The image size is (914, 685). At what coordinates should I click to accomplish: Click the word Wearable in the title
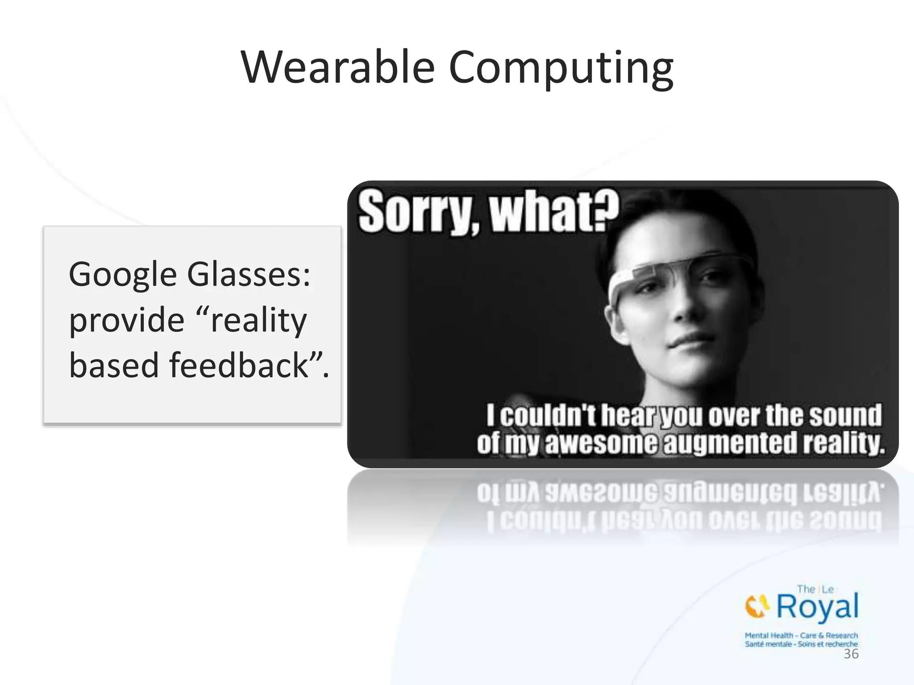tap(338, 68)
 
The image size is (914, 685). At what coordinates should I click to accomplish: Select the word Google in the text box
tap(123, 276)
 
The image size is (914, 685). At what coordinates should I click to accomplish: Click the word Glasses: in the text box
tap(249, 275)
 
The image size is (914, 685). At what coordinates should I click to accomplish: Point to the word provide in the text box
tap(127, 321)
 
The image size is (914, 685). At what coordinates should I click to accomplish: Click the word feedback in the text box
tap(239, 365)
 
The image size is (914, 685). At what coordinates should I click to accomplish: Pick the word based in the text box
tap(114, 365)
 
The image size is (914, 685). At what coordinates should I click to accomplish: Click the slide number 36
tap(851, 654)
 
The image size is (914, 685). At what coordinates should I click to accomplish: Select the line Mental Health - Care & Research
tap(801, 635)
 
